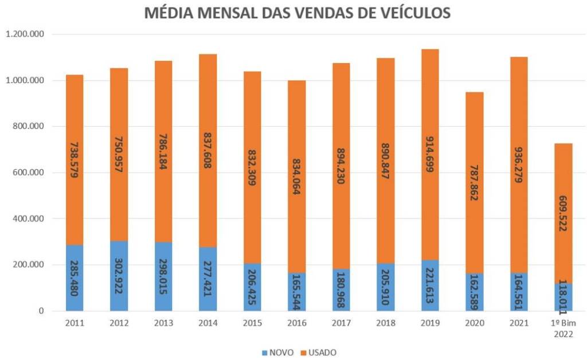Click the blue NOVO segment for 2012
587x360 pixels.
click(119, 276)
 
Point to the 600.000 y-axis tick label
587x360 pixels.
click(29, 173)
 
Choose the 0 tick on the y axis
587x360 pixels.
click(41, 311)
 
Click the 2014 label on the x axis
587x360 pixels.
click(208, 323)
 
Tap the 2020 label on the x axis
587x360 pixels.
click(474, 323)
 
